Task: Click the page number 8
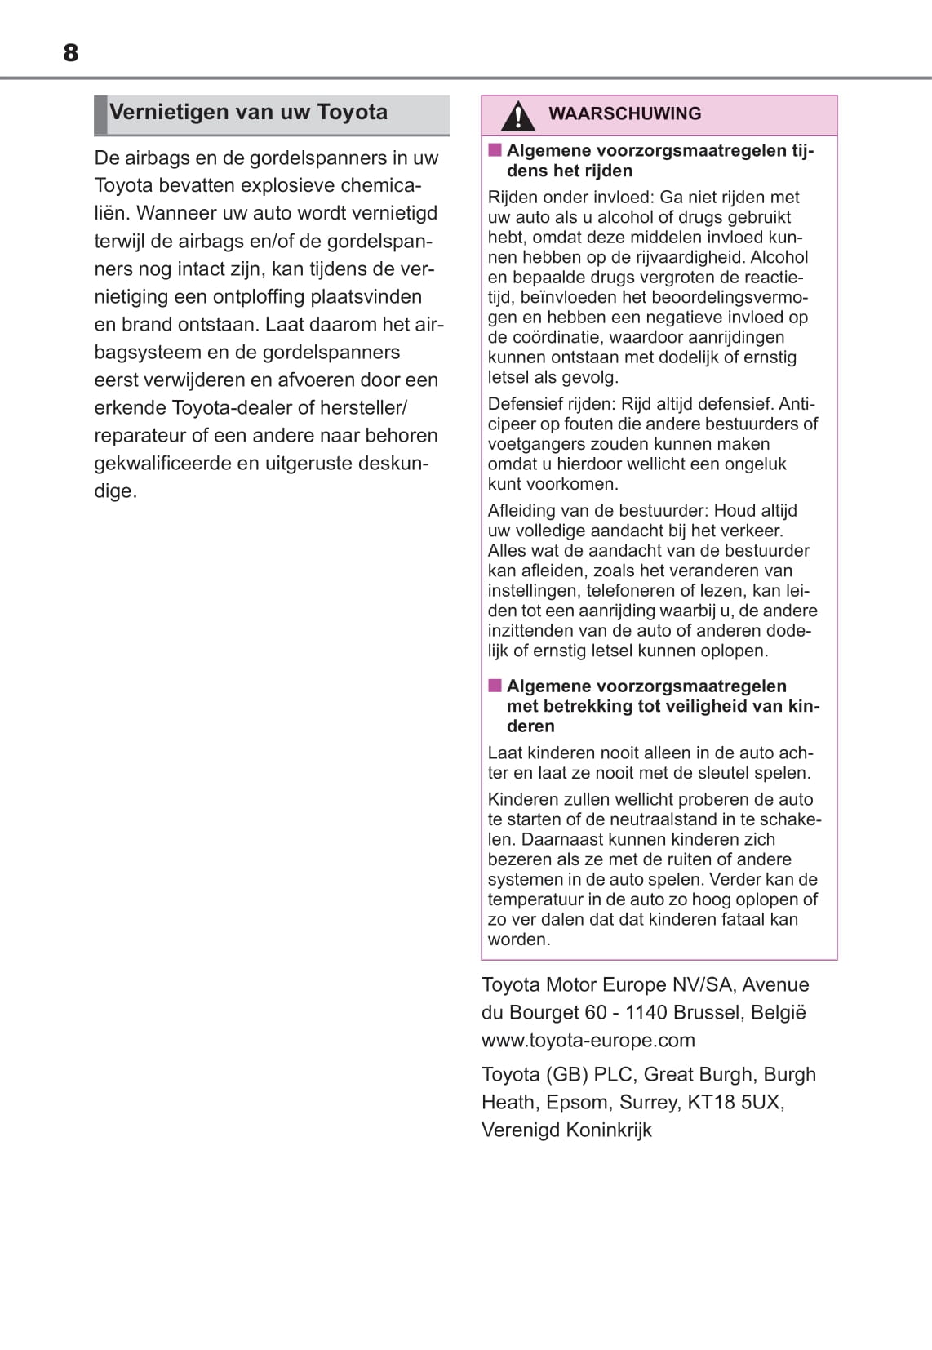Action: pos(71,53)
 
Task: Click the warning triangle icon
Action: pos(517,115)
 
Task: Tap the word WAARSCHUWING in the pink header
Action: pos(624,113)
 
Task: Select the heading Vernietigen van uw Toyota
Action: pos(248,112)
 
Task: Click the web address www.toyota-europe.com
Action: pos(588,1040)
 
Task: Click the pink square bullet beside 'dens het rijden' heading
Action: pos(495,150)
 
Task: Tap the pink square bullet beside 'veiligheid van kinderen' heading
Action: pos(495,686)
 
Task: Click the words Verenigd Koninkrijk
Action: pos(566,1130)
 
